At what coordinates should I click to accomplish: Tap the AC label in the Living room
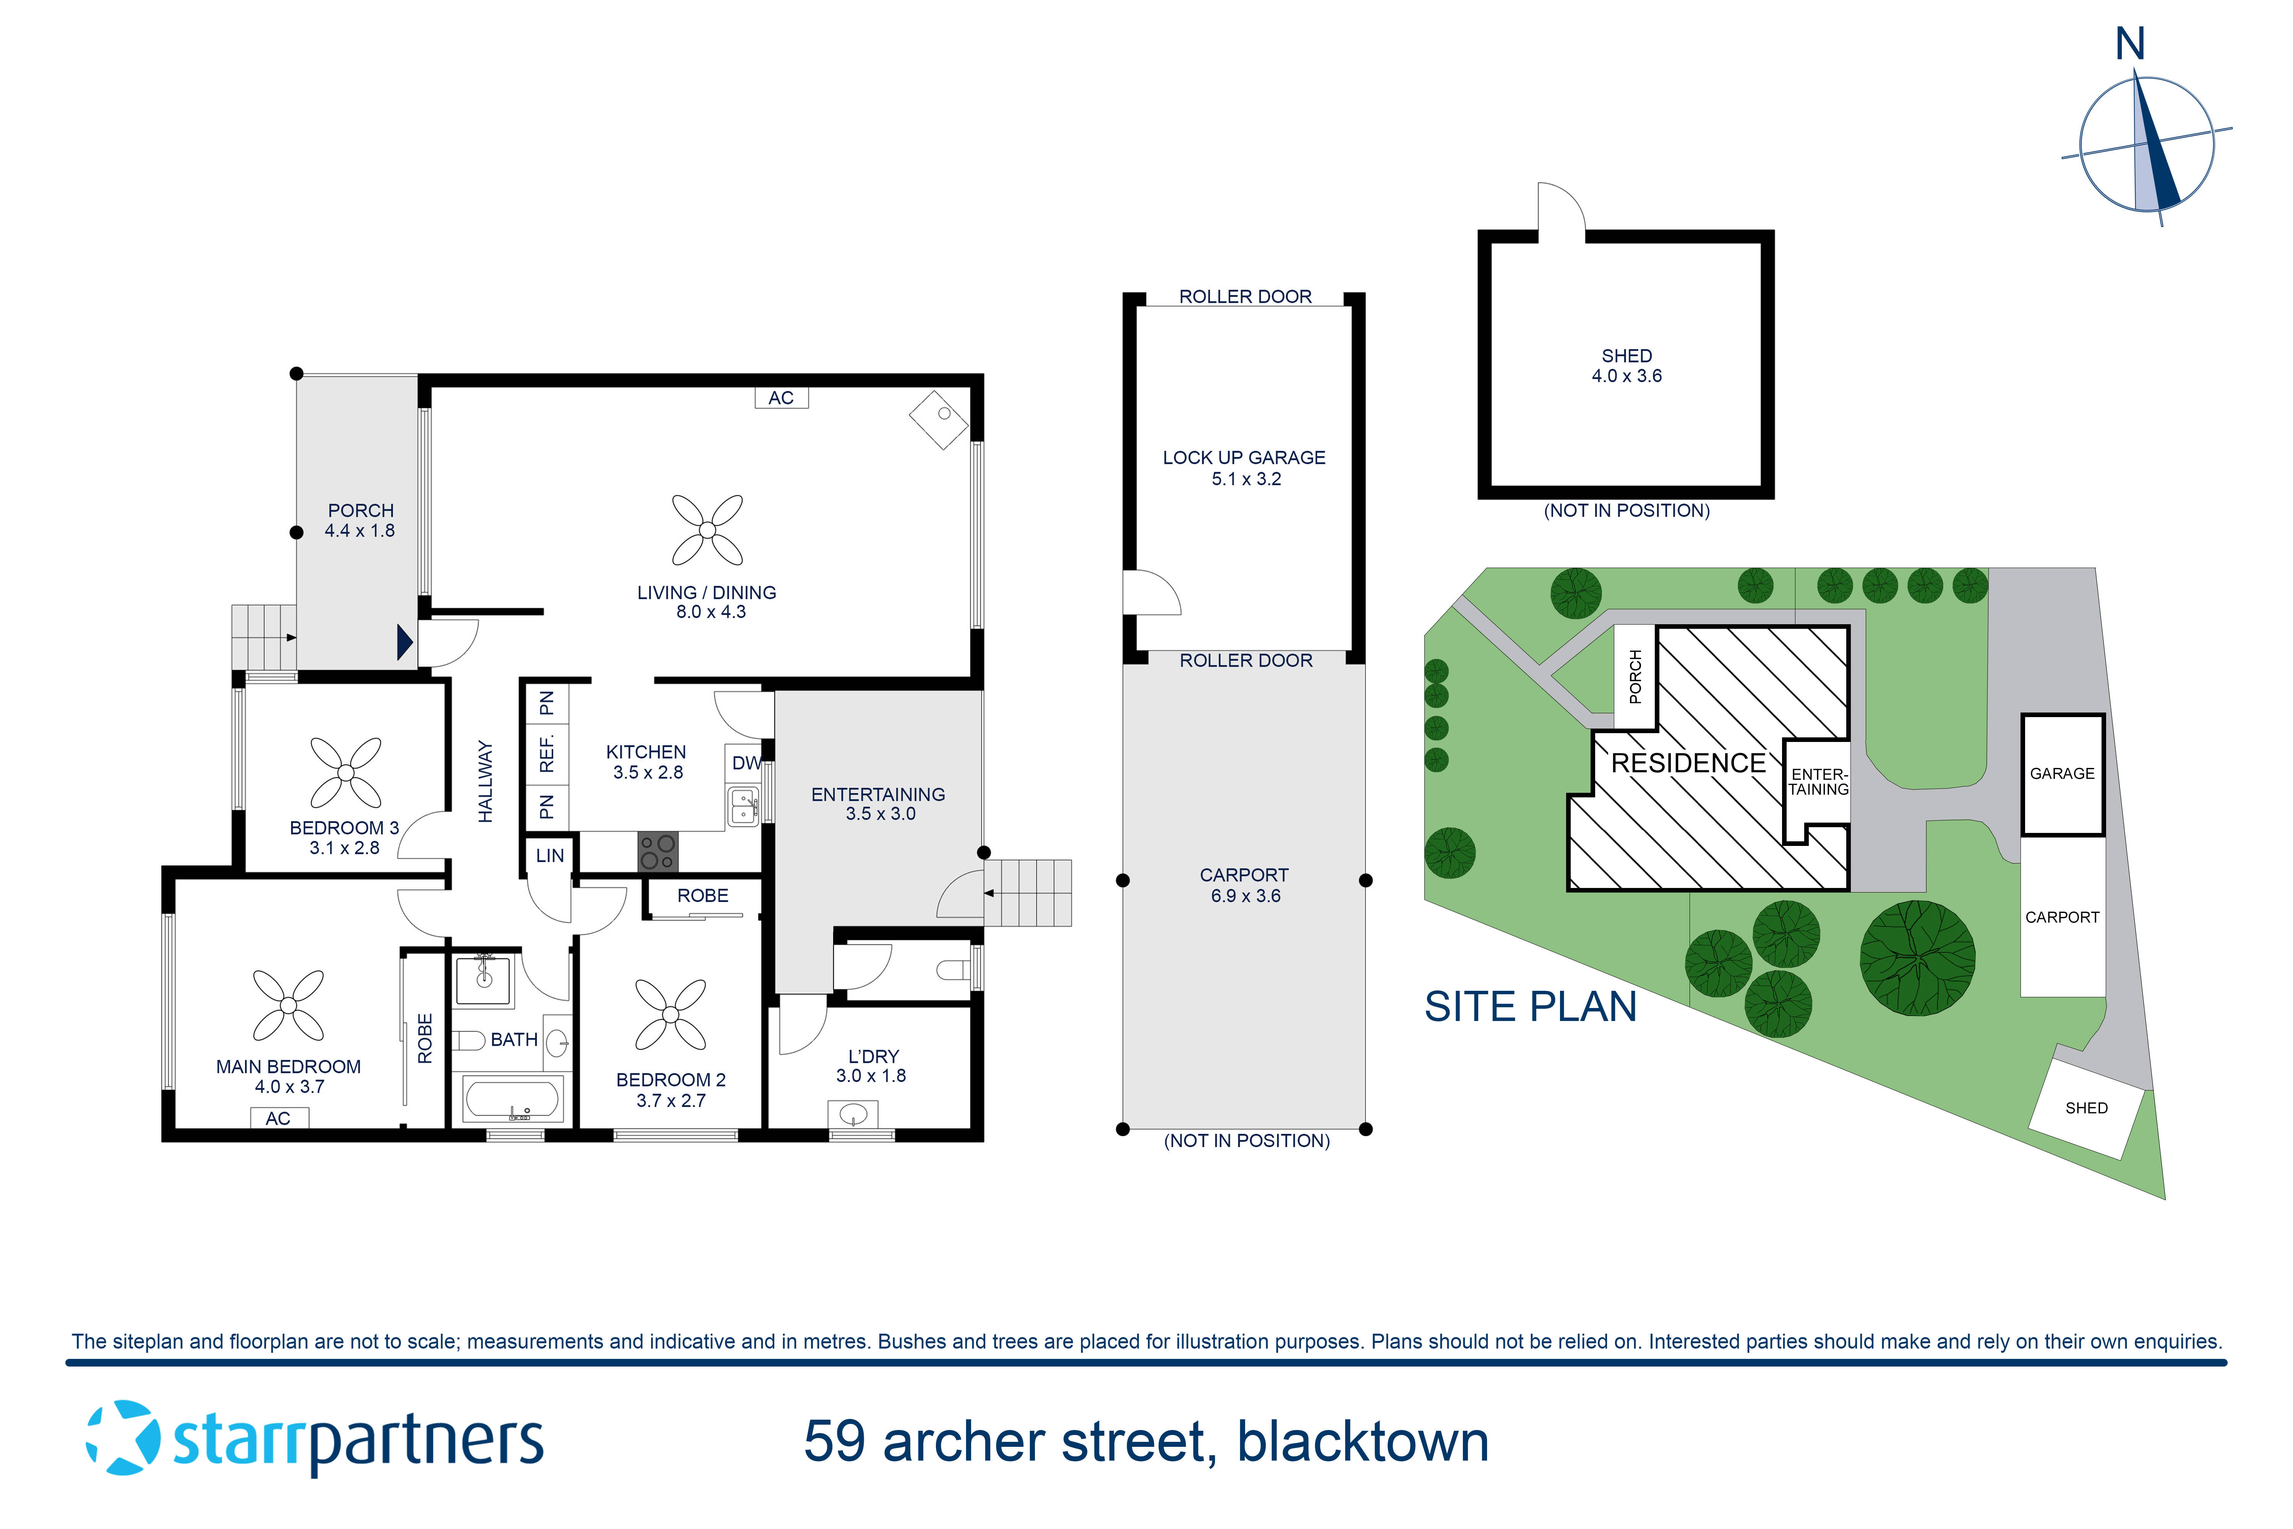[x=781, y=398]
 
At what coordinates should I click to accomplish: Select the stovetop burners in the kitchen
[x=657, y=851]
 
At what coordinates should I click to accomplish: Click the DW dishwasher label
[x=746, y=763]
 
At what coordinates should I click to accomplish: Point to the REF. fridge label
[x=547, y=753]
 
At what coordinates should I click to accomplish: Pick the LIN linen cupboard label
[x=550, y=855]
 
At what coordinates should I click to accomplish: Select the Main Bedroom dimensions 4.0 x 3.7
[x=290, y=1086]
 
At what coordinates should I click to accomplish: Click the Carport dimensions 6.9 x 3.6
[x=1245, y=895]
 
